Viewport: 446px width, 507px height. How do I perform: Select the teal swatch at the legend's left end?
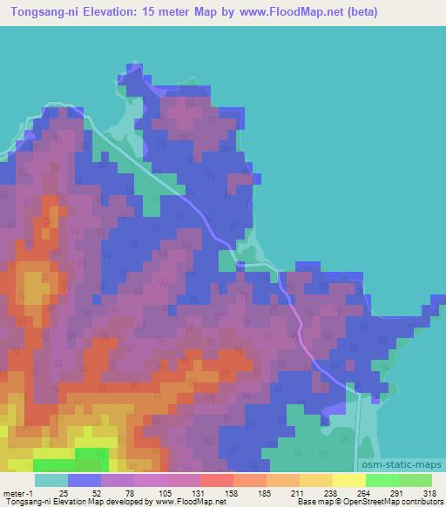click(x=51, y=480)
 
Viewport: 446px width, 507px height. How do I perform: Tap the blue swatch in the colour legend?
click(x=84, y=480)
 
